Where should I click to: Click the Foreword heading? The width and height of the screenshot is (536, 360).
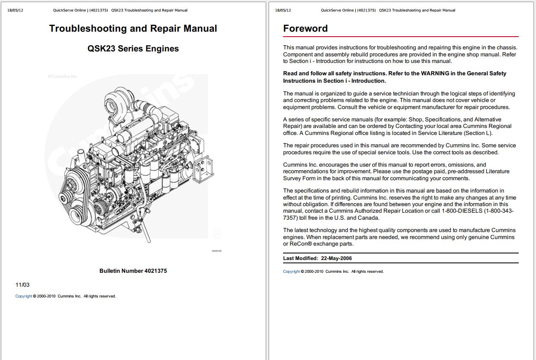[305, 28]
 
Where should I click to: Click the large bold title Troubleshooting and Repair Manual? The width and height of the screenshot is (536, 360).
[133, 28]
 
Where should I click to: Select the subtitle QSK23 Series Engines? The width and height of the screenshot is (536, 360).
[133, 49]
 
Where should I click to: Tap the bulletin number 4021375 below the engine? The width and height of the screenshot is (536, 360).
[155, 271]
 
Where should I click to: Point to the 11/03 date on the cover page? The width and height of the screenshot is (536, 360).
[22, 285]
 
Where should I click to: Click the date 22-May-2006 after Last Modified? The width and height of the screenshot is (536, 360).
[336, 258]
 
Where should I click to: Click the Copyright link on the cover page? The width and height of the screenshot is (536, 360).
[23, 296]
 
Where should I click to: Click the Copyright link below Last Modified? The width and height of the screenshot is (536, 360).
[291, 272]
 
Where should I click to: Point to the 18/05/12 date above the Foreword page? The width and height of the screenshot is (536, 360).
[283, 10]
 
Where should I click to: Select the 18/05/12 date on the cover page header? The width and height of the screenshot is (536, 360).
[15, 10]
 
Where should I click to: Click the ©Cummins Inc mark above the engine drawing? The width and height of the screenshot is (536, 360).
[62, 77]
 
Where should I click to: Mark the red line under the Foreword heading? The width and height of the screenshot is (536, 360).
[401, 37]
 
